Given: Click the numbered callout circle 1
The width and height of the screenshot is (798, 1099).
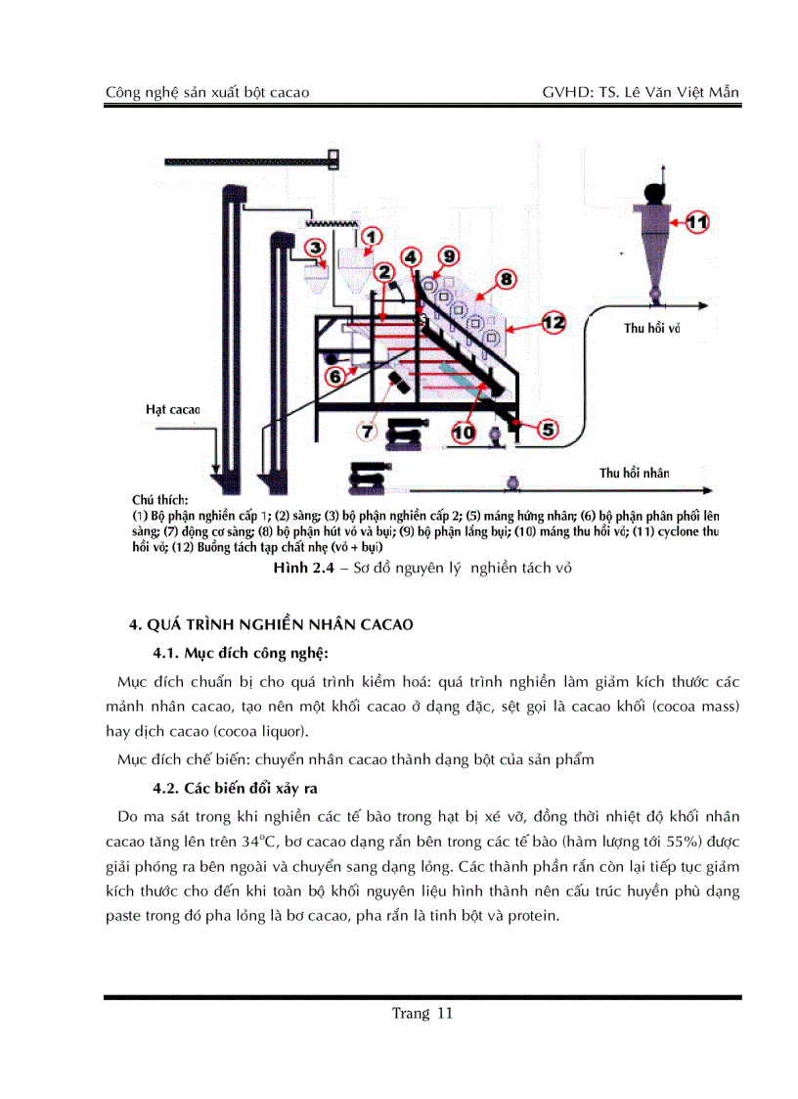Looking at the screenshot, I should (372, 237).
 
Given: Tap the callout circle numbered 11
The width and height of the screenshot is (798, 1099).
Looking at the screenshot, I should (695, 222).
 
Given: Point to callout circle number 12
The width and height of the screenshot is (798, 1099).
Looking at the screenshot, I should (553, 321).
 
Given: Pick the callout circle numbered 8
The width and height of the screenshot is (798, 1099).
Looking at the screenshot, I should (506, 279).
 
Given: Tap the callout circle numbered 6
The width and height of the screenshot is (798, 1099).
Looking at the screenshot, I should (334, 375).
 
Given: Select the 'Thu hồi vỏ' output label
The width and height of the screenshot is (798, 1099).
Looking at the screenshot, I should (651, 329).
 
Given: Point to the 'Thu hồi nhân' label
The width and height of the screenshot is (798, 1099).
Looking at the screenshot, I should (634, 473).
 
